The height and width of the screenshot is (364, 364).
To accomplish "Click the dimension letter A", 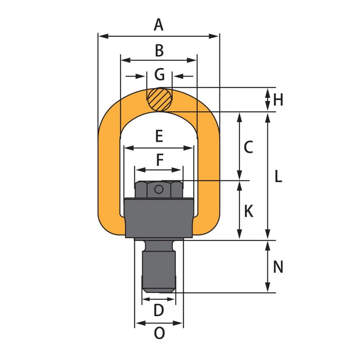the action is point(159,25).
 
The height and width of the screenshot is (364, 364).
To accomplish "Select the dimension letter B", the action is point(159,51).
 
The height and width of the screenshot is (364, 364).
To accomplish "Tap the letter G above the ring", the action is point(159,74).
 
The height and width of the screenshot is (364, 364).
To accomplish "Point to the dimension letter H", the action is point(278,100).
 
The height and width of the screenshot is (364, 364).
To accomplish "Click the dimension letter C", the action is point(248,147).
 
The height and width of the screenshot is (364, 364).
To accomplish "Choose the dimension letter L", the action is point(278,176).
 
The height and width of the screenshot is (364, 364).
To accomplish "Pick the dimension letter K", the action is point(249,211).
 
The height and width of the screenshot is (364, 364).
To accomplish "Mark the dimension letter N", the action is point(278,267).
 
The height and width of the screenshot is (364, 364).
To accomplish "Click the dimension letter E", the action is point(159,136).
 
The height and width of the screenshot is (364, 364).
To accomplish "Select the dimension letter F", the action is point(160,160).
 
